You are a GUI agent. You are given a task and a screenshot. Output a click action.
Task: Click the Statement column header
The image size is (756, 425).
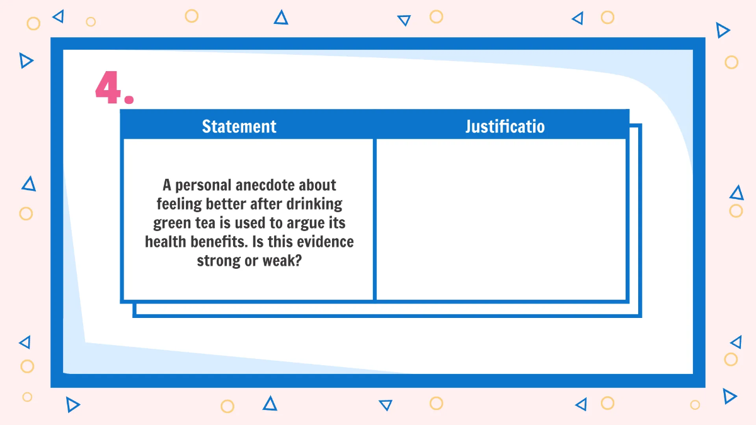(x=239, y=127)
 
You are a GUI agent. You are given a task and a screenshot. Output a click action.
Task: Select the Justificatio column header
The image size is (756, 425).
(x=505, y=127)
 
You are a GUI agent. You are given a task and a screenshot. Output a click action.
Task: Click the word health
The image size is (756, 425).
(x=168, y=242)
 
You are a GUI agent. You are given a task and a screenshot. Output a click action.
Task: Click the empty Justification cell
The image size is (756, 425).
(x=501, y=219)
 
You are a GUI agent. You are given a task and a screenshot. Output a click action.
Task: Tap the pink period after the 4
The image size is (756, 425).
(x=129, y=99)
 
